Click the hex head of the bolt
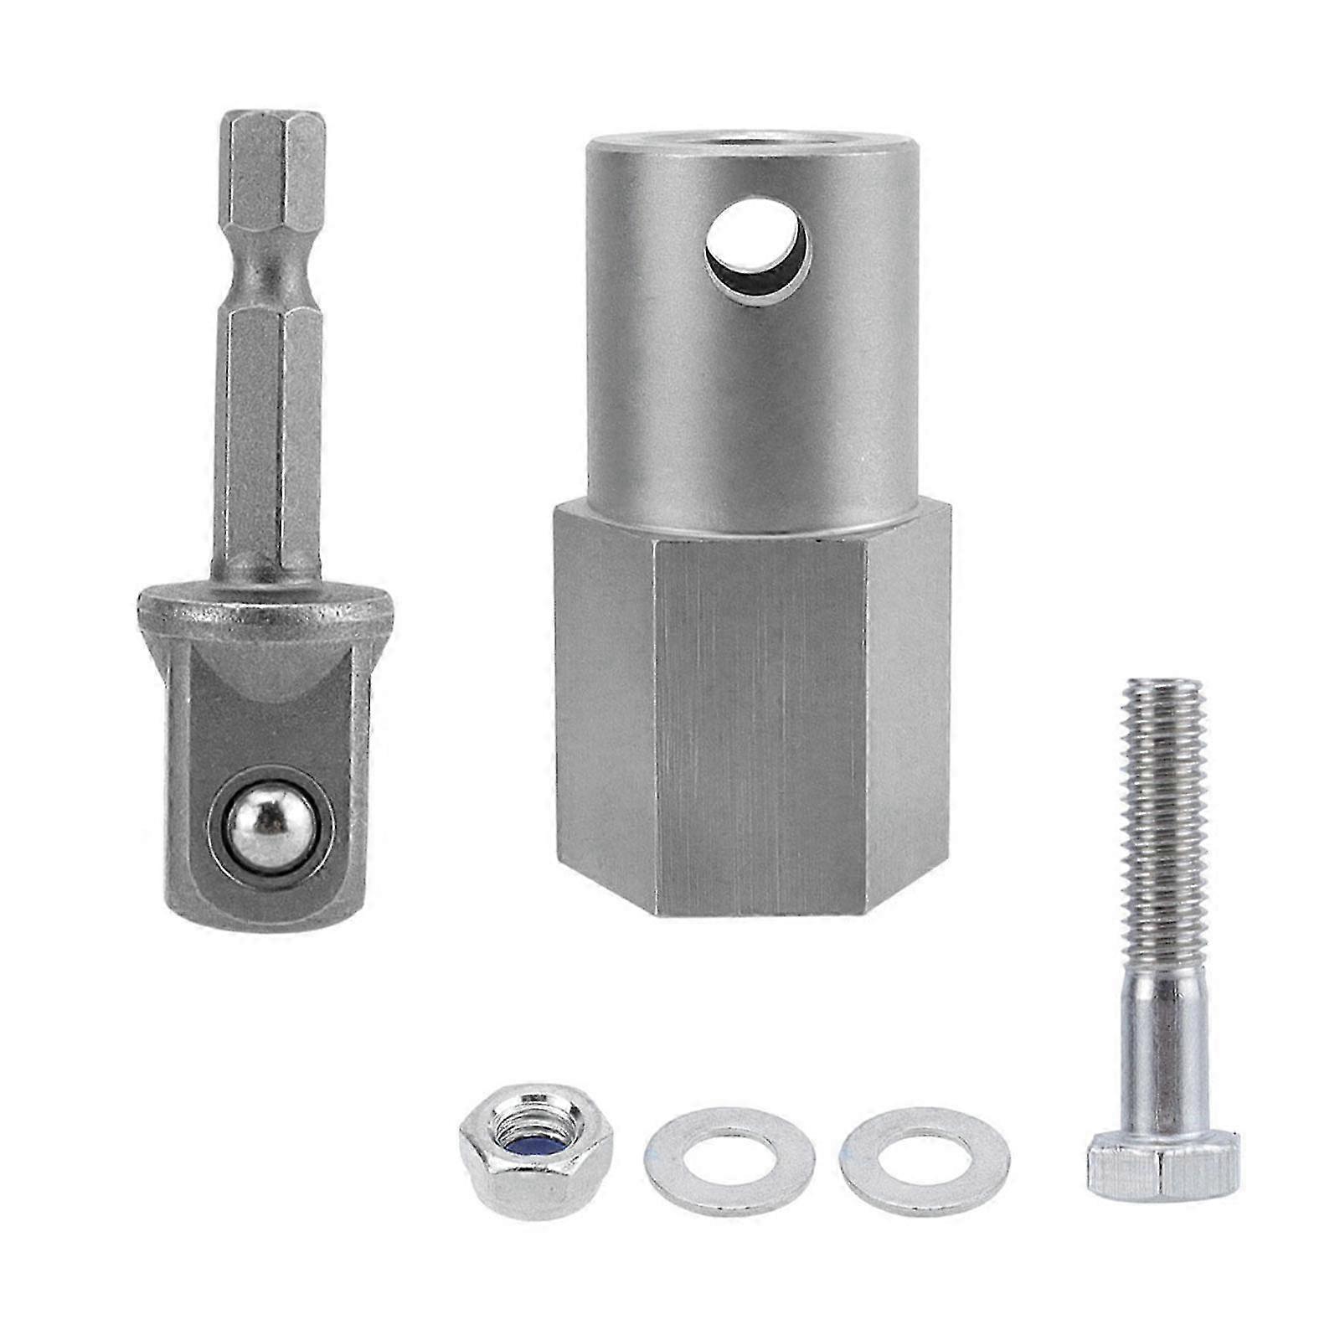pyautogui.click(x=1163, y=1162)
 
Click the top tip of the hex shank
pyautogui.click(x=271, y=119)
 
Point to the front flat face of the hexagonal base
pyautogui.click(x=758, y=724)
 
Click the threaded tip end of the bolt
pyautogui.click(x=1161, y=688)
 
